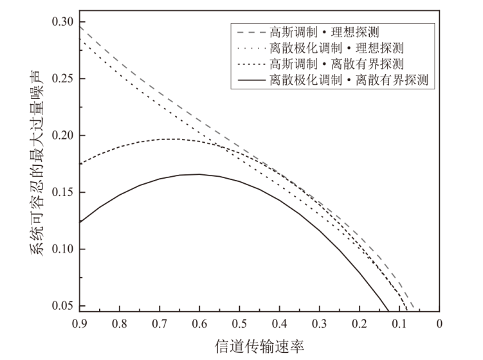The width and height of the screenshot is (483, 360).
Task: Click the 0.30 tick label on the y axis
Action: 64,22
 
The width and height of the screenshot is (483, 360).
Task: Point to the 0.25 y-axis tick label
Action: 64,79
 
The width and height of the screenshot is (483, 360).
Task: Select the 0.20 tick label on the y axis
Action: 64,136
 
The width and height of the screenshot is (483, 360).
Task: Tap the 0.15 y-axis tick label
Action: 64,192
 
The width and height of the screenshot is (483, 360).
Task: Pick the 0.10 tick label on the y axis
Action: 64,249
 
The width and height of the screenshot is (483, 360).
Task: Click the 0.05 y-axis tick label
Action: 64,305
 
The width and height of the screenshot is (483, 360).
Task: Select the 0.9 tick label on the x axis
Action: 80,324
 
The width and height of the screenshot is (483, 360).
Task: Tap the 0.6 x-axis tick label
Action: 199,324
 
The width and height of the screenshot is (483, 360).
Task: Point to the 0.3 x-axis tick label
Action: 319,324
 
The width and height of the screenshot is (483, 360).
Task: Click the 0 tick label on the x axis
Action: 439,324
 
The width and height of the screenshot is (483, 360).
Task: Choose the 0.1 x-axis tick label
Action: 399,324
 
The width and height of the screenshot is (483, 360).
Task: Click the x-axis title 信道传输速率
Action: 259,346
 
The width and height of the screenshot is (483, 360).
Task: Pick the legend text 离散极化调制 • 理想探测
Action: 337,48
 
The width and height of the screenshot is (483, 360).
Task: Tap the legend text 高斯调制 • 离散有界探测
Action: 337,64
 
